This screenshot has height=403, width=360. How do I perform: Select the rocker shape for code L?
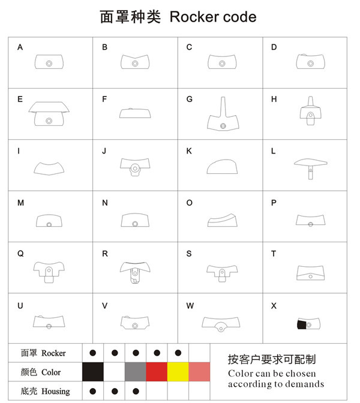(x=310, y=165)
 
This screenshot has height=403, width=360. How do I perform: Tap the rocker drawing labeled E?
(x=49, y=114)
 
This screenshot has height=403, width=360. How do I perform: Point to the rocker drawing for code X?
(x=310, y=324)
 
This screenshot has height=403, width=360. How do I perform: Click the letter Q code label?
(x=20, y=254)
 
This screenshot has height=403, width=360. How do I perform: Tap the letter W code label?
(x=190, y=306)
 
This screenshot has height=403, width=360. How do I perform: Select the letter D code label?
(x=274, y=47)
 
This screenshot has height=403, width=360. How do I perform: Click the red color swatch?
(x=157, y=372)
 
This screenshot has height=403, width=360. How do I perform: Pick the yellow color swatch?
(x=178, y=372)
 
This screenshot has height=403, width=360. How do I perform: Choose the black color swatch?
(x=92, y=372)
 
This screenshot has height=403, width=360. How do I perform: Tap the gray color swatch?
(x=136, y=372)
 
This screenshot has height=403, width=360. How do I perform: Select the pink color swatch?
(x=200, y=372)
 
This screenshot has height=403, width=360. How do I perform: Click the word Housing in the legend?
(x=56, y=392)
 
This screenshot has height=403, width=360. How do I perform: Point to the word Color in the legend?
(x=51, y=372)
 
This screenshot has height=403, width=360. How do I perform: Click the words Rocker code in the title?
(x=213, y=17)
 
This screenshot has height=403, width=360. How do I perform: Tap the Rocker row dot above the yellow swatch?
(x=178, y=353)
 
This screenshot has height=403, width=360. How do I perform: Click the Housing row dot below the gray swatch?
(x=136, y=392)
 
